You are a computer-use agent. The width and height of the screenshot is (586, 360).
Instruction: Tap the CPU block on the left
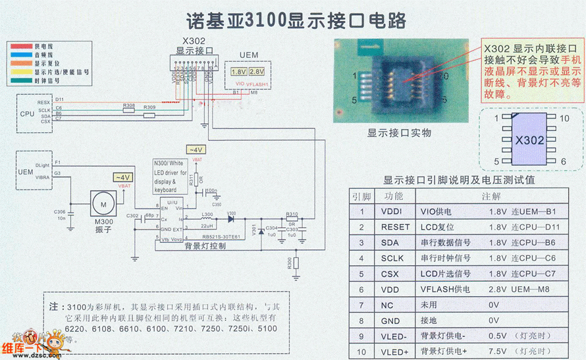pos(27,113)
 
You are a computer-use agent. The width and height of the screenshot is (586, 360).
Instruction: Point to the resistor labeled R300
pos(296,263)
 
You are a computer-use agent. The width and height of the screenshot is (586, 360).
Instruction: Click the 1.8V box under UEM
pos(238,70)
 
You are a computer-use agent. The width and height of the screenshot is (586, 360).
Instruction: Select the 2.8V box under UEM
pos(257,70)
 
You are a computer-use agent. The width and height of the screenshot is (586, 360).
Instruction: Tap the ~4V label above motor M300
pos(122,178)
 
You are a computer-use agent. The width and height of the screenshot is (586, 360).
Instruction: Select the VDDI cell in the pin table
pos(391,211)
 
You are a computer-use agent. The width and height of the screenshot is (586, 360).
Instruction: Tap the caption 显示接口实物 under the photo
pos(399,132)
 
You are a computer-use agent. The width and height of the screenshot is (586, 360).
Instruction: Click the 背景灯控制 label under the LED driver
pos(205,247)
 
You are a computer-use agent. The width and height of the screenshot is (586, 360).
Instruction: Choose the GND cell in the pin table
pos(391,321)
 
